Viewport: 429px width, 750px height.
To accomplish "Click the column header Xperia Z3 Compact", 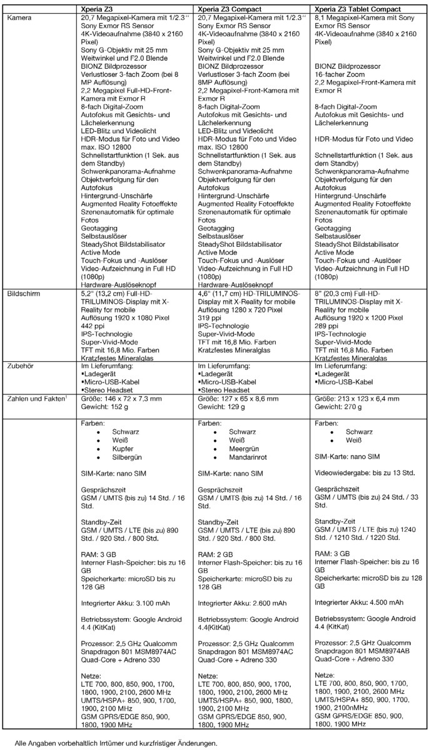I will point(230,9).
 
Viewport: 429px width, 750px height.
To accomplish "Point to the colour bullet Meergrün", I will point(245,449).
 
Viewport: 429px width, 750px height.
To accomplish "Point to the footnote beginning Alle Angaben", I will point(116,743).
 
